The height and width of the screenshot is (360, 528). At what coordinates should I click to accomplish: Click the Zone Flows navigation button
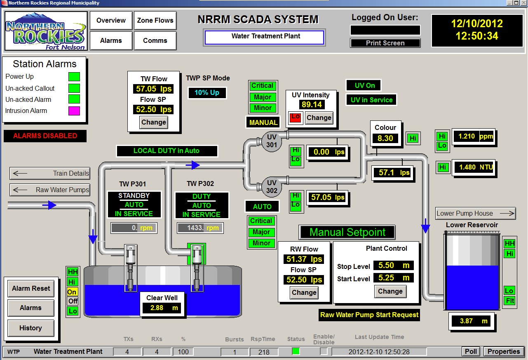[x=155, y=20]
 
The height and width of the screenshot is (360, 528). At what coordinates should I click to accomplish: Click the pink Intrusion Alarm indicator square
[x=74, y=111]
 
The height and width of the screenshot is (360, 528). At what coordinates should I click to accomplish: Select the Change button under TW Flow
[x=153, y=122]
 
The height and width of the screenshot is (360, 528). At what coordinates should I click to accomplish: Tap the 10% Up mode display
[x=207, y=93]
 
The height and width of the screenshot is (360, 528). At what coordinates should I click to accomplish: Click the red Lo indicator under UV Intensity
[x=295, y=117]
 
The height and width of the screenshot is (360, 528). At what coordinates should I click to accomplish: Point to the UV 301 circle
[x=272, y=141]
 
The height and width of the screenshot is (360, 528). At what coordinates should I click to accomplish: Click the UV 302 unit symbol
[x=272, y=187]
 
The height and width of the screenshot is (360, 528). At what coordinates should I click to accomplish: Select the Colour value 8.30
[x=385, y=139]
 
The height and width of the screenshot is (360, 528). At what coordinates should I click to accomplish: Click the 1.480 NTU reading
[x=473, y=167]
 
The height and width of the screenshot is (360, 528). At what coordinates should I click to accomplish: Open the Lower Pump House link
[x=475, y=213]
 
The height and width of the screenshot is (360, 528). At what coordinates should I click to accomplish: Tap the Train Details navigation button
[x=50, y=173]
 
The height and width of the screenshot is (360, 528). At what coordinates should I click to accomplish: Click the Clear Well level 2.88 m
[x=162, y=308]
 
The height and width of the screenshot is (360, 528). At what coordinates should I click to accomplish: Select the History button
[x=31, y=328]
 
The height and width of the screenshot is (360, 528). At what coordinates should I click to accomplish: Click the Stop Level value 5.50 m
[x=393, y=266]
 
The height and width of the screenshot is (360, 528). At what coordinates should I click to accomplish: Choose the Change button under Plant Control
[x=390, y=291]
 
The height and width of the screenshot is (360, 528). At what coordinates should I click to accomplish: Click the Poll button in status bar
[x=471, y=351]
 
